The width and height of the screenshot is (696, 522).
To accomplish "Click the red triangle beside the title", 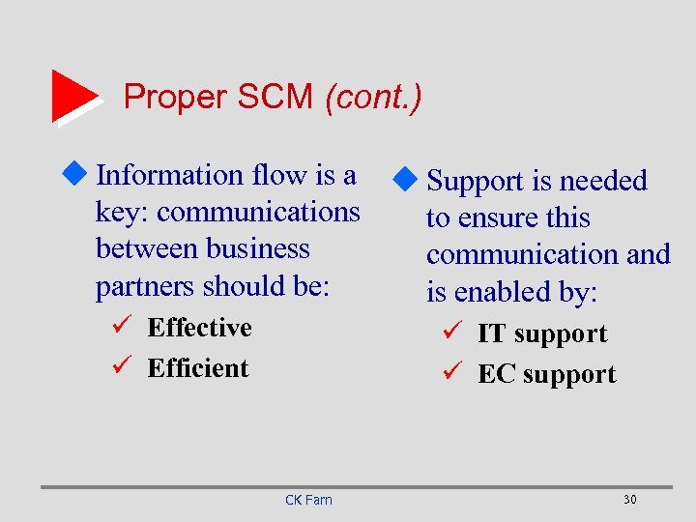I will (73, 96).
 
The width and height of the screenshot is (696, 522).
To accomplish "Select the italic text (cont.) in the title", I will (373, 97).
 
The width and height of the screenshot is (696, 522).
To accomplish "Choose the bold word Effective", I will (199, 328).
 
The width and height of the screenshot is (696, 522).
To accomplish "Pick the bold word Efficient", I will (198, 368).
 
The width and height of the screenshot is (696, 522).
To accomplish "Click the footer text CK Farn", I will (308, 500).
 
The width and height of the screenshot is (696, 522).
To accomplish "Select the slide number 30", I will (629, 500).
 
